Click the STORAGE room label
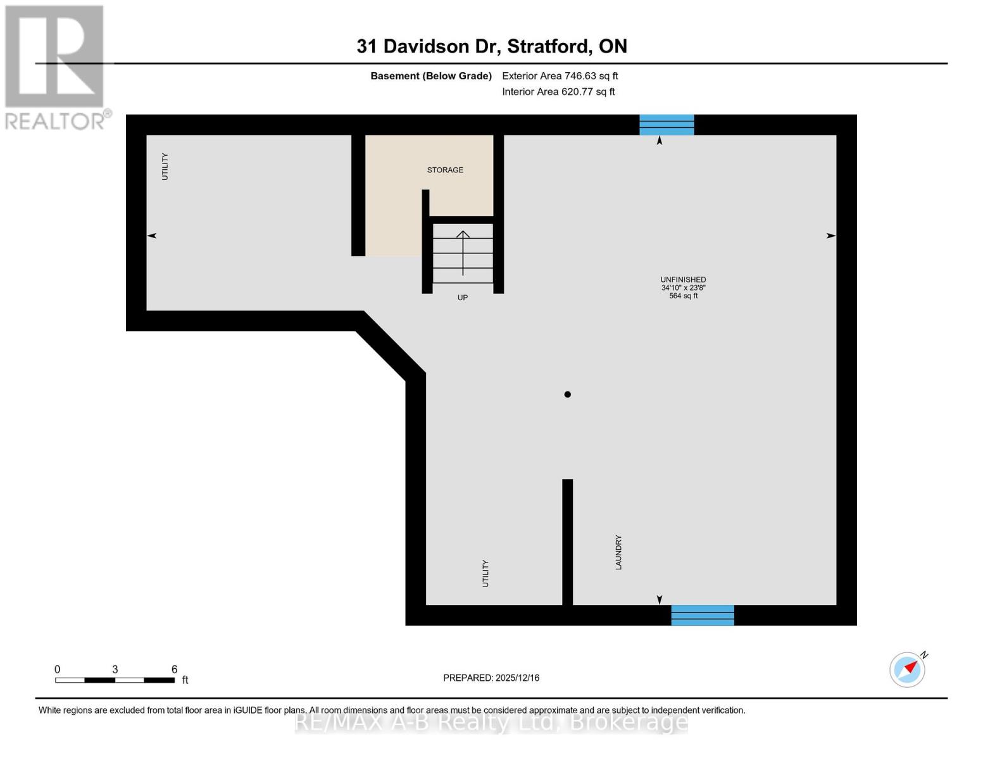point(445,170)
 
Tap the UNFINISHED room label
point(683,279)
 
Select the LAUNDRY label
point(618,552)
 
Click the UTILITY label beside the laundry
point(485,573)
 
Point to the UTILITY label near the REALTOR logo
point(165,167)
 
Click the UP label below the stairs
point(463,298)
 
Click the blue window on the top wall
point(667,125)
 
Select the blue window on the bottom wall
point(703,615)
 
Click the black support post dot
point(568,395)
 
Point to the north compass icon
point(908,669)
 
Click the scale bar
point(115,680)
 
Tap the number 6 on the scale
point(175,669)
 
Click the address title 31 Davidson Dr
point(492,46)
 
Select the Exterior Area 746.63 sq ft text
point(560,76)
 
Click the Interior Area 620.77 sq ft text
point(558,92)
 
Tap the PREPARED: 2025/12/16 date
point(491,678)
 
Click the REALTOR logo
point(55,66)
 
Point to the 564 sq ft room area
point(683,296)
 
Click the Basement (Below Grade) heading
point(431,76)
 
